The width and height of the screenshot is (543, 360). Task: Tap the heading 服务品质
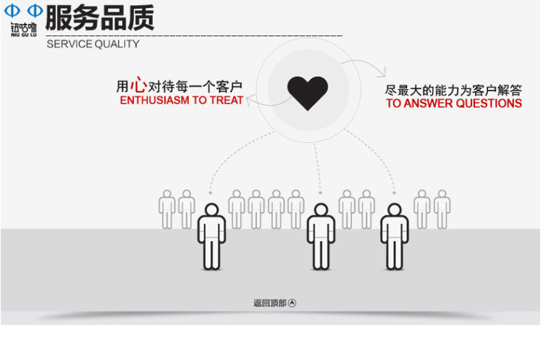click(99, 17)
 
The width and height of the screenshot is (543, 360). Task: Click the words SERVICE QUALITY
click(93, 44)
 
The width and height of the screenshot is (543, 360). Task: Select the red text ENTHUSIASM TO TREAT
click(182, 101)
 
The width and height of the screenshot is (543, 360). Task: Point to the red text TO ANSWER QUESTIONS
click(454, 104)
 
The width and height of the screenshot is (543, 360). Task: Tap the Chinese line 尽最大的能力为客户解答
click(453, 90)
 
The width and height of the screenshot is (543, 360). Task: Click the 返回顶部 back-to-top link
click(269, 303)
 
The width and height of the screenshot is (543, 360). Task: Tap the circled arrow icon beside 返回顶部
click(292, 303)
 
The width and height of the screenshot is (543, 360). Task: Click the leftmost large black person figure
click(211, 236)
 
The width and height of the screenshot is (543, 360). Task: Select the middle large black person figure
click(320, 236)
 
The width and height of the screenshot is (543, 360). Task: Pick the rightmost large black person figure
click(395, 236)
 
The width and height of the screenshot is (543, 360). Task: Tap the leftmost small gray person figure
click(167, 209)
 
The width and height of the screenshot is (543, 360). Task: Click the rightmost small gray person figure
click(442, 209)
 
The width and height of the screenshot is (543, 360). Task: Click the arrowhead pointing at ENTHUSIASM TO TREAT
click(249, 101)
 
